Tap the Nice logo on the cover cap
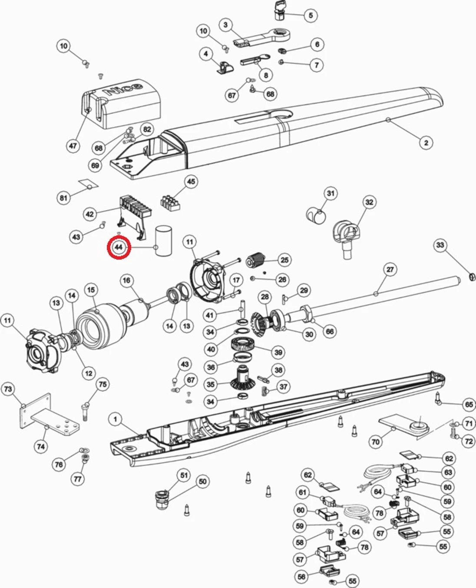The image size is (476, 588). tap(123, 89)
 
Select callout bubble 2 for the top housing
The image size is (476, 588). tap(426, 143)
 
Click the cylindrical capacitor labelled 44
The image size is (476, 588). tap(163, 241)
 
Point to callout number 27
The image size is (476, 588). tap(390, 269)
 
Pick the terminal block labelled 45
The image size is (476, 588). tap(170, 203)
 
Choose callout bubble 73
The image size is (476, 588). tap(8, 389)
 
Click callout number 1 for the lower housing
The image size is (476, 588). tap(115, 419)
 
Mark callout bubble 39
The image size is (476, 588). tap(278, 352)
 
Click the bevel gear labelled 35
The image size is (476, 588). tap(240, 379)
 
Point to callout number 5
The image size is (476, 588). tap(310, 15)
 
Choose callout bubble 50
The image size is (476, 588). tap(202, 482)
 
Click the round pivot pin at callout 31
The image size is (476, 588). tap(316, 215)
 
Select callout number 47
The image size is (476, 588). tap(73, 146)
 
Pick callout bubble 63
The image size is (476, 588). tap(448, 472)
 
